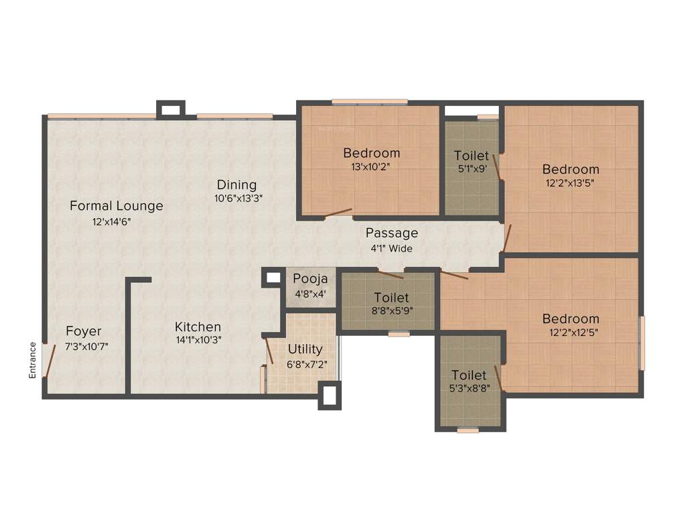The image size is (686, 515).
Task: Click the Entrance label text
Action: click(32, 360)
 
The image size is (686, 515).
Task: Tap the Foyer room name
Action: click(84, 331)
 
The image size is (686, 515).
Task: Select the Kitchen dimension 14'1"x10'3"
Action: click(198, 340)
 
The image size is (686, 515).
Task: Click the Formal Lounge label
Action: click(117, 206)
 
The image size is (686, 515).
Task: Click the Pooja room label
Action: click(311, 278)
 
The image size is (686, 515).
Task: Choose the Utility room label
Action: click(305, 349)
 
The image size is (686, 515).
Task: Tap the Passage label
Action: click(391, 233)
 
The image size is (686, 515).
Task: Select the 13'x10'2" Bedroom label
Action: click(371, 153)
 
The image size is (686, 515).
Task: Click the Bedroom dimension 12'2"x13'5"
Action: click(570, 182)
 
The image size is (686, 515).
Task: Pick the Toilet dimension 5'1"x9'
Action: click(472, 169)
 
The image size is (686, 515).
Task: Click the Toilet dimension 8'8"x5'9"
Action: click(391, 310)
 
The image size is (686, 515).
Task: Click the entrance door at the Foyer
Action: click(49, 360)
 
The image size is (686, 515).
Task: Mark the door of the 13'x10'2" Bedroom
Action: click(338, 214)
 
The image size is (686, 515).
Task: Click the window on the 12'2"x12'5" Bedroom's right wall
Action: click(642, 343)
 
